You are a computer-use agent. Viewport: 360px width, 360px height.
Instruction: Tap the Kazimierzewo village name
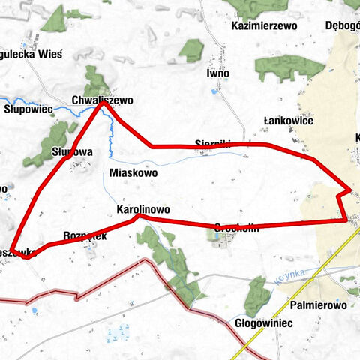coord(265,25)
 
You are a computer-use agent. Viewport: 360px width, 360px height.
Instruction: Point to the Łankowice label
coord(289,121)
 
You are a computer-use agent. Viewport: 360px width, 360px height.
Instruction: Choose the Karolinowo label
coord(144,209)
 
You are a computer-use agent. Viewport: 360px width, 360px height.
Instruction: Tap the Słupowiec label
coord(28,109)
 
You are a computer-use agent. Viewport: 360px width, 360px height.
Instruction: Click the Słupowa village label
coord(72,151)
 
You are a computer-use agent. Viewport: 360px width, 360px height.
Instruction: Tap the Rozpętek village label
coord(85,235)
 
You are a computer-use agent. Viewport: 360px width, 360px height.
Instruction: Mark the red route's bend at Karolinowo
coord(138,216)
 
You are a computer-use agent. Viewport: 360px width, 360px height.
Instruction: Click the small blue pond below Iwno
coord(216,91)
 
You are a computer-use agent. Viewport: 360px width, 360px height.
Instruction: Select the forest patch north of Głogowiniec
coord(257,294)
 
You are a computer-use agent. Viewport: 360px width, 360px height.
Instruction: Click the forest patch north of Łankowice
coord(289,67)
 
